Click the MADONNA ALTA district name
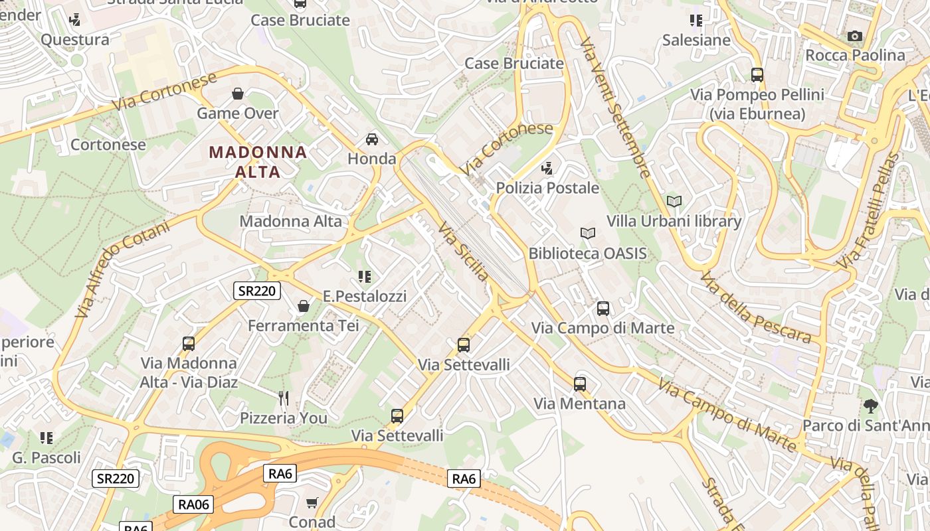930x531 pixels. pos(258,161)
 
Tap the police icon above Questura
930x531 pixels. pos(75,19)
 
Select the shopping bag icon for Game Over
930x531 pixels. pos(238,94)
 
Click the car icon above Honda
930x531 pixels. pos(372,139)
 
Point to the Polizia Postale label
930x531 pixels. pos(547,188)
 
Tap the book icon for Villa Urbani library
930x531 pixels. pos(674,201)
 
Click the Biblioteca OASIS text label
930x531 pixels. pos(587,254)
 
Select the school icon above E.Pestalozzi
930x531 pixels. pos(364,276)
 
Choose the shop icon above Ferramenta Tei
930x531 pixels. pos(304,306)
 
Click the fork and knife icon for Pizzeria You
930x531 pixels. pos(284,398)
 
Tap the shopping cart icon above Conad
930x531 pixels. pos(312,502)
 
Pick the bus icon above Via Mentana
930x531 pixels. pos(580,384)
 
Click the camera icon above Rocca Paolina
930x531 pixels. pos(855,36)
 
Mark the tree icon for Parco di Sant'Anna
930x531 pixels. pos(870,406)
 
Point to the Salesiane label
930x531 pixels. pos(696,40)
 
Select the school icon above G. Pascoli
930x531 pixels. pos(46,437)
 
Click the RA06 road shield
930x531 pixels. pos(194,504)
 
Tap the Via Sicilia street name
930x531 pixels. pos(463,251)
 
